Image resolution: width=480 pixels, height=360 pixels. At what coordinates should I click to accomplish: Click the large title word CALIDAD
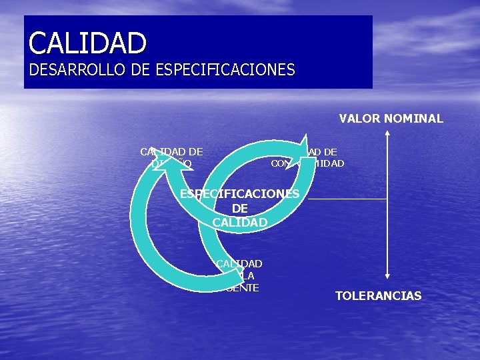pos(87,43)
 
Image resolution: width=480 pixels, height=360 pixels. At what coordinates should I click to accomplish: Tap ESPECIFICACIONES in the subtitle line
pos(225,69)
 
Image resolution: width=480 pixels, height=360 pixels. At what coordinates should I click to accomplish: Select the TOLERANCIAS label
pos(378,295)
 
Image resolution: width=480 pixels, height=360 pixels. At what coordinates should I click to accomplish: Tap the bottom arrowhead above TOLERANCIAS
pos(387,273)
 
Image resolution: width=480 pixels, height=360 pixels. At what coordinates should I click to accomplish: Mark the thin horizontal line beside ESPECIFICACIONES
pos(347,199)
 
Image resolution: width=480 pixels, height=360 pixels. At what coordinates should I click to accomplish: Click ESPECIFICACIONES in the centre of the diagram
pos(240,194)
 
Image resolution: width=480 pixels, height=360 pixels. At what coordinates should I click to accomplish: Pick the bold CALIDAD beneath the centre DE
pos(240,222)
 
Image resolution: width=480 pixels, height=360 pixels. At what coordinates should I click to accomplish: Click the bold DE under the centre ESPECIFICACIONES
pos(240,208)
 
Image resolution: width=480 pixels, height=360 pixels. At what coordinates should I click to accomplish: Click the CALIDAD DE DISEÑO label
pos(171,157)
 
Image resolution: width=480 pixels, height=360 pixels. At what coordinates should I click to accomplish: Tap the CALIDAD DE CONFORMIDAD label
pos(313,157)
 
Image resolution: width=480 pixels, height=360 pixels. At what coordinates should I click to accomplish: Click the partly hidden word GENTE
pos(243,287)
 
